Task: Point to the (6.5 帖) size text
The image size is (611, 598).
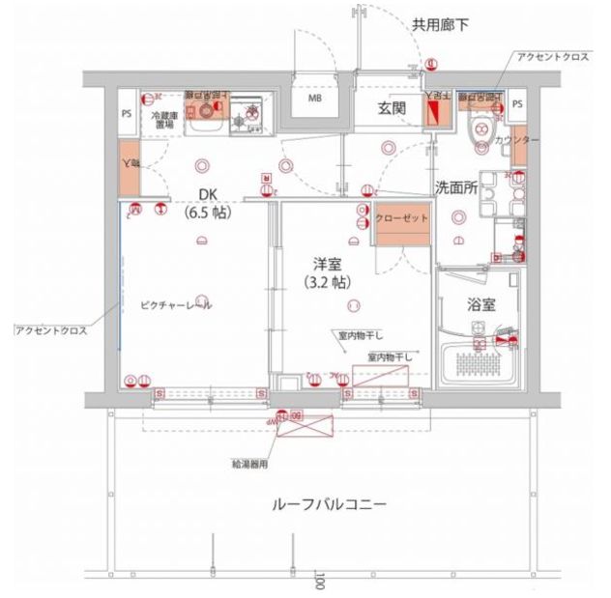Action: tap(209, 213)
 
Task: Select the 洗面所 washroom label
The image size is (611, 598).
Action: tap(455, 187)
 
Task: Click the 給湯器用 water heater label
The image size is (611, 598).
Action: tap(249, 465)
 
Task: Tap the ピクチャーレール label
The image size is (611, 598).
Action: tap(175, 305)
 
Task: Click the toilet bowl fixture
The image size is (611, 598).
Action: tap(480, 133)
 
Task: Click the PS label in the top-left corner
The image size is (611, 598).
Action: tap(127, 114)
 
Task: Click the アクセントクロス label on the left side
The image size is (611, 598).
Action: tap(50, 330)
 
